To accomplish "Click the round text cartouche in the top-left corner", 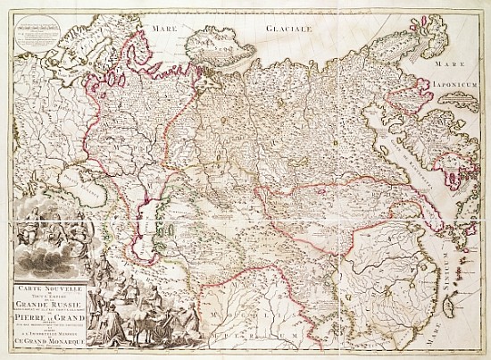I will click(27, 33).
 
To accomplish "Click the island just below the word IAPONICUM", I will click(464, 112).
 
